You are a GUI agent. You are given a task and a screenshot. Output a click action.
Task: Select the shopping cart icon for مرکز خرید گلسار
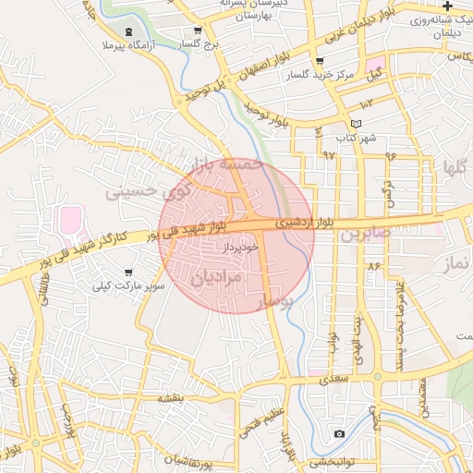pos(319,62)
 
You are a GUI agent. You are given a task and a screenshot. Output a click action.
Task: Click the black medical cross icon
pos(447,6)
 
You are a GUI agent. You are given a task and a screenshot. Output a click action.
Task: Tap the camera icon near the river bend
pos(339,433)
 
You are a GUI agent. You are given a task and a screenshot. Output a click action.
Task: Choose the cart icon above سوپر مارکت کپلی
pos(127,273)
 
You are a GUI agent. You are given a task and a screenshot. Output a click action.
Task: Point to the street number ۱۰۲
pos(366,103)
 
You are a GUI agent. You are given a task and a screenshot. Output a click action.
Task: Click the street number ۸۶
pos(373,266)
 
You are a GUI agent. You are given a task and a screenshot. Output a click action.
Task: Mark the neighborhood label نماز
pos(456,265)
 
